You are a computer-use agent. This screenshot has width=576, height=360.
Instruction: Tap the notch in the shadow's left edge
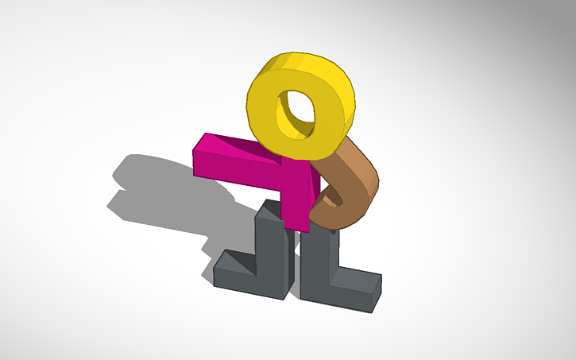[119, 191]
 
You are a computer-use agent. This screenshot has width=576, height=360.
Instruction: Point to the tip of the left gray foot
[219, 266]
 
